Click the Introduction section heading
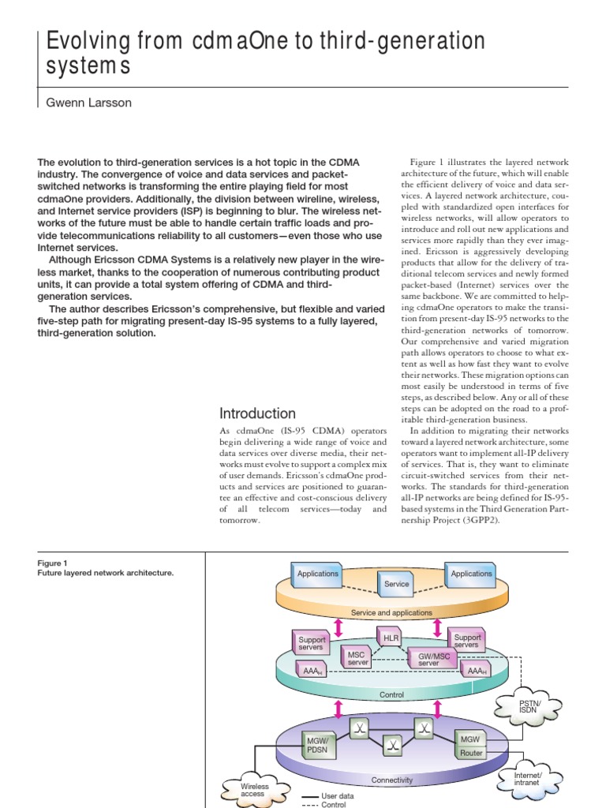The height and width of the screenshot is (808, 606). coord(257,413)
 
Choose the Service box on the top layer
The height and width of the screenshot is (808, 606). coord(396,583)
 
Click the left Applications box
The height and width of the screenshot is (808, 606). coord(317,574)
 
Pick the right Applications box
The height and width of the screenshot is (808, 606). coord(471,574)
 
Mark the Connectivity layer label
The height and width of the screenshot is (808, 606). coord(392,780)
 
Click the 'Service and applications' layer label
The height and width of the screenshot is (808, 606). coord(391,612)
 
